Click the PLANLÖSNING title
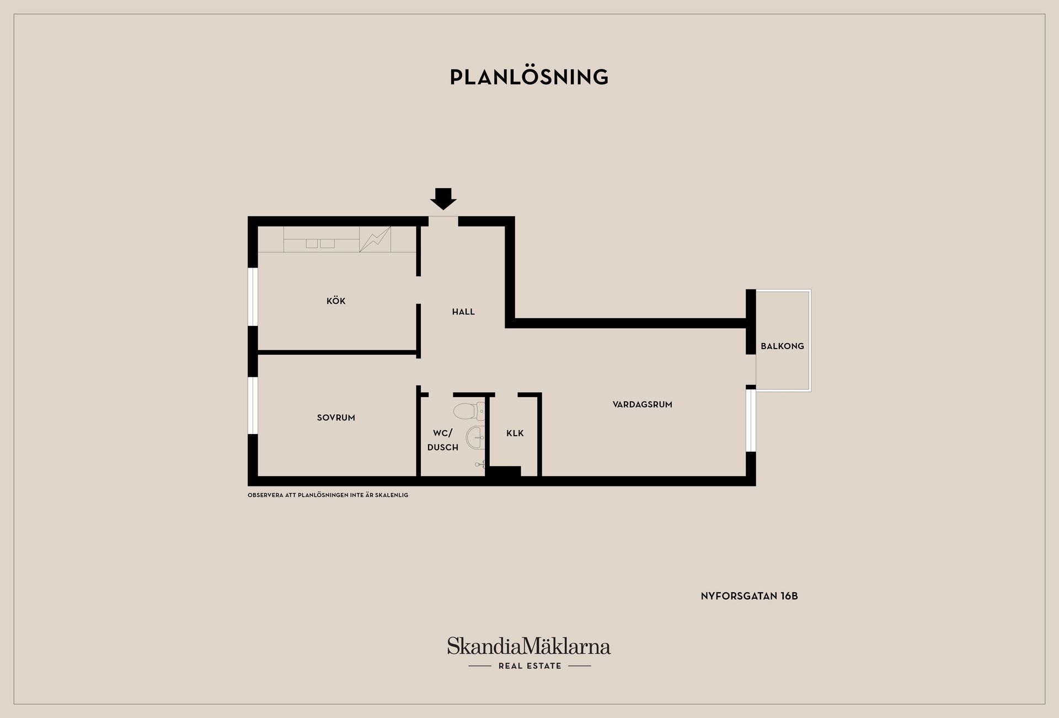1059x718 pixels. coord(529,77)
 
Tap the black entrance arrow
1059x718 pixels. coord(443,199)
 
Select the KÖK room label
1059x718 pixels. coord(336,301)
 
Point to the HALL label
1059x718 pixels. coord(463,312)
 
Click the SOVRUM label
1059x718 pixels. coord(336,417)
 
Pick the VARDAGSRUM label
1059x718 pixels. coord(643,404)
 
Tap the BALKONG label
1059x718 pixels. coord(782,346)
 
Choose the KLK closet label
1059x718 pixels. coord(515,433)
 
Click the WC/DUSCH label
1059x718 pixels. coord(442,440)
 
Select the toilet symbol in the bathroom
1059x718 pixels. coord(469,411)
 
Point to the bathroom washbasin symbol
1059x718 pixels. coord(475,438)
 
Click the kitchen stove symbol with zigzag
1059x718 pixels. coord(375,239)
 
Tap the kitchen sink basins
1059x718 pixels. coord(320,243)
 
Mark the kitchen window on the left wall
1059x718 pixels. coord(253,297)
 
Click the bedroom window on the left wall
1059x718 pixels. coord(253,405)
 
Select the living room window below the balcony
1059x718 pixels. coord(751,421)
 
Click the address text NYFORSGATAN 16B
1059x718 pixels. coord(749,596)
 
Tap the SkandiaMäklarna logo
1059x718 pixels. coord(529,646)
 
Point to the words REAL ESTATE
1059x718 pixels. coord(529,666)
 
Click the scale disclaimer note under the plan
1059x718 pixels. coord(328,495)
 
